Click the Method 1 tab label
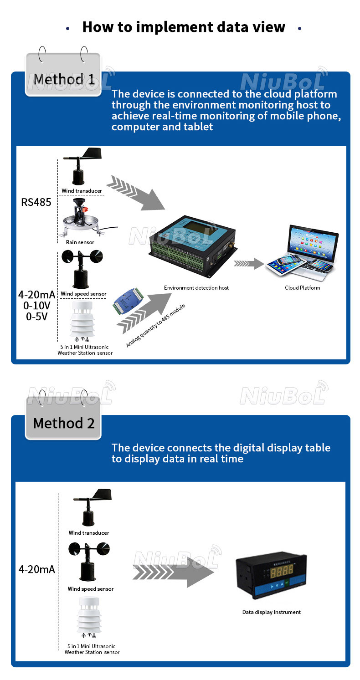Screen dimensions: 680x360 pos(64,79)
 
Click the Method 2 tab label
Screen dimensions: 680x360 pos(64,423)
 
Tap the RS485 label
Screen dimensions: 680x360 pos(36,202)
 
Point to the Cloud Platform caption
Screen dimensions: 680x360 pos(302,288)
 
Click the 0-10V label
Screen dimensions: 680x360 pos(36,305)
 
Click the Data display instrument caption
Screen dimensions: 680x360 pos(271,612)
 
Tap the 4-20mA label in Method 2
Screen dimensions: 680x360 pos(36,569)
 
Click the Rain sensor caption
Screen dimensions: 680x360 pos(80,242)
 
